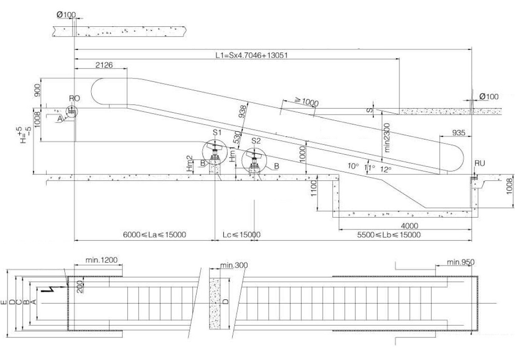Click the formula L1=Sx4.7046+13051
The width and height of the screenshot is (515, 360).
pos(251,55)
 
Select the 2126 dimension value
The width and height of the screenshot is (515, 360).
pos(104,65)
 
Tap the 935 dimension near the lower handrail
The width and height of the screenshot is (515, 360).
pos(459,133)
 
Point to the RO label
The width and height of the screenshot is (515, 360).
pos(75,98)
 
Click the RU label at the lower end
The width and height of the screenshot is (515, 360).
pos(480,163)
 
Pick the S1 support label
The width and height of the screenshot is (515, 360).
pos(217,133)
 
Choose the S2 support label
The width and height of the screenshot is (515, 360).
pos(256,141)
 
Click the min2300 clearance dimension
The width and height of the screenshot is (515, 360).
pos(387,138)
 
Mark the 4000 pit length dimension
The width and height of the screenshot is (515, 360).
pos(410,226)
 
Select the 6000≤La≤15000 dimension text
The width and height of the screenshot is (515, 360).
pos(154,235)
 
